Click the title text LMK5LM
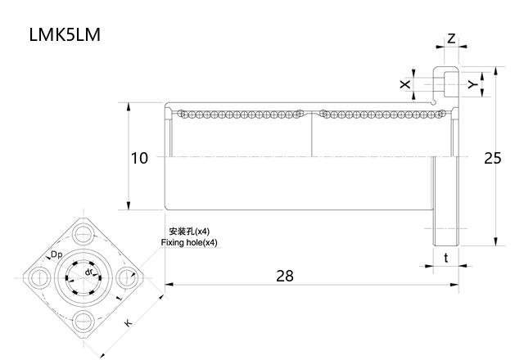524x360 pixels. pyautogui.click(x=65, y=36)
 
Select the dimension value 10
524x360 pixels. pyautogui.click(x=140, y=158)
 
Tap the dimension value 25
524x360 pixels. pyautogui.click(x=492, y=158)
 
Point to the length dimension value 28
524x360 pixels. pyautogui.click(x=284, y=276)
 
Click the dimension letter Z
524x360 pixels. pyautogui.click(x=452, y=39)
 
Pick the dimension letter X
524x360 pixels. pyautogui.click(x=404, y=84)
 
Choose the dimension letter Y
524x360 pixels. pyautogui.click(x=472, y=84)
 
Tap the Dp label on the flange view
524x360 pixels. pyautogui.click(x=56, y=255)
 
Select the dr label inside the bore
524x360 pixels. pyautogui.click(x=88, y=271)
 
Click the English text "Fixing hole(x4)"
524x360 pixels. pyautogui.click(x=189, y=243)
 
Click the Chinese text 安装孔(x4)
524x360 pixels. pyautogui.click(x=189, y=232)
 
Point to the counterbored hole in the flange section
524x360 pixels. pyautogui.click(x=448, y=83)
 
